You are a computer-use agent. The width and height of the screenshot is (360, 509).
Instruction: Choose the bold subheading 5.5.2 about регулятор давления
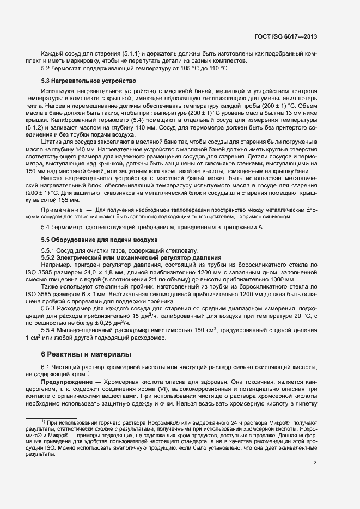131,257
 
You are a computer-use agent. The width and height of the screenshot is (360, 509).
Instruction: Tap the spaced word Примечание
61,210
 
